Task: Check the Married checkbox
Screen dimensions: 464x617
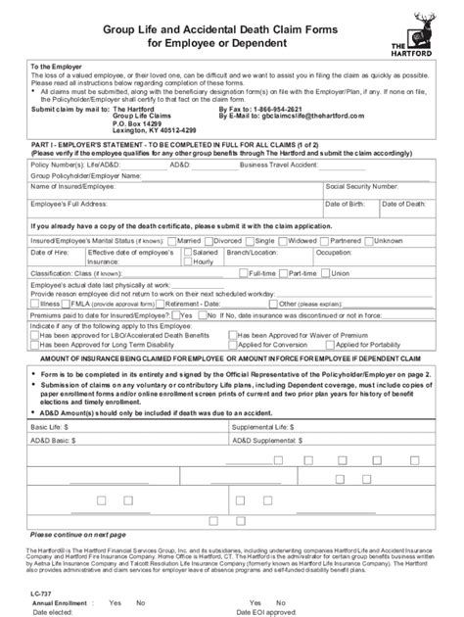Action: tap(172, 240)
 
